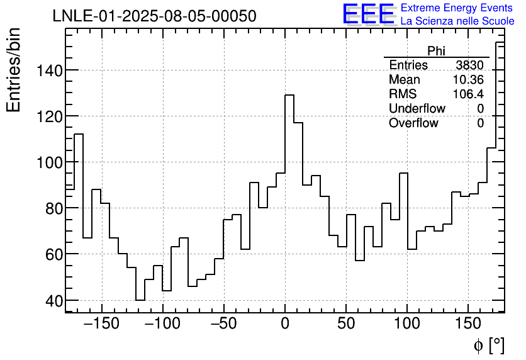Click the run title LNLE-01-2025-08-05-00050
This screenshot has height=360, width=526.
tap(154, 16)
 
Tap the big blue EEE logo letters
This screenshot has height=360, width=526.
tap(368, 15)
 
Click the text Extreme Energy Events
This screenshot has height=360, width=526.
tap(457, 8)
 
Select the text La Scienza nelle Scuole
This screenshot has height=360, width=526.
tap(457, 21)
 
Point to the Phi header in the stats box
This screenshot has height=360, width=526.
tap(436, 51)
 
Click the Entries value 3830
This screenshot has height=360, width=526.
tap(469, 65)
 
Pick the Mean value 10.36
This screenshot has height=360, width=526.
tap(468, 80)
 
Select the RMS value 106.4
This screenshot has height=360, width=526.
tap(468, 94)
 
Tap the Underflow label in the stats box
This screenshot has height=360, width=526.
tap(417, 108)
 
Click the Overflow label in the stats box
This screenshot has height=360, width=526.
tap(413, 123)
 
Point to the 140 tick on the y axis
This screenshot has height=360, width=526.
tap(47, 70)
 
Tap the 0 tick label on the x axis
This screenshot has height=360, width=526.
tap(285, 325)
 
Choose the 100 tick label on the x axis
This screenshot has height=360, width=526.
tap(407, 325)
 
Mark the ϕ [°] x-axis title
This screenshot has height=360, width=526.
tap(488, 345)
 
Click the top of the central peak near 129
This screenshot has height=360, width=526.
tap(289, 95)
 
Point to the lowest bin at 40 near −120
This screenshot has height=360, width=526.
tap(140, 300)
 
